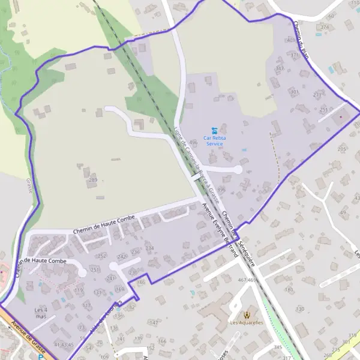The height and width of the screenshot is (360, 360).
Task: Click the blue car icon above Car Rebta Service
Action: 214,130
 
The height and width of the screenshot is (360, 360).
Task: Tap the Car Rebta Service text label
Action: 214,140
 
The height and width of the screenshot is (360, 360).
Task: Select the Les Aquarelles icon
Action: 247,314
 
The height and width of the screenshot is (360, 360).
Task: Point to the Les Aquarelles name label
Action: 247,323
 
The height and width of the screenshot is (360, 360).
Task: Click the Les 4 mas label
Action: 41,313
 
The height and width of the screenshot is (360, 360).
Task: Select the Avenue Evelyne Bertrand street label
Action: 220,230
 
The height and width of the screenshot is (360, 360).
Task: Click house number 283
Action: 92,179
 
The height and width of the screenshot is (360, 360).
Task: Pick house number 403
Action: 292,40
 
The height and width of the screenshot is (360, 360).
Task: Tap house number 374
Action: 325,27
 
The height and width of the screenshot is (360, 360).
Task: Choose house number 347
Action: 279,68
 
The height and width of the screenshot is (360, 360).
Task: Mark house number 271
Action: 317,95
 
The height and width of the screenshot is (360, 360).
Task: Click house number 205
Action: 342,149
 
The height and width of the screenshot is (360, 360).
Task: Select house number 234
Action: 149,248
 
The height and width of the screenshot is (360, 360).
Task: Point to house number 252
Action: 102,256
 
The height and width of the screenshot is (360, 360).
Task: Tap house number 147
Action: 154,323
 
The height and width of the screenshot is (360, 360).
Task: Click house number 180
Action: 289,290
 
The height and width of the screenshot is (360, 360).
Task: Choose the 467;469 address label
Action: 247,280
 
